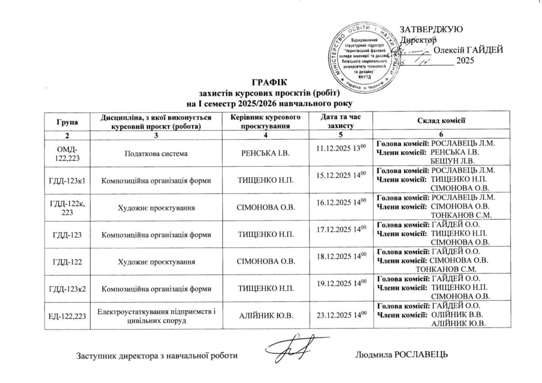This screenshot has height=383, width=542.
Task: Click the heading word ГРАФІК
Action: [269, 83]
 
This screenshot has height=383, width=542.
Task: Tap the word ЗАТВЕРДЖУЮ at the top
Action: [432, 29]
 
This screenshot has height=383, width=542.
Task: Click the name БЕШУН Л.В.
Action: [454, 160]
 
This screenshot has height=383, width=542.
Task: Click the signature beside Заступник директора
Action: [290, 348]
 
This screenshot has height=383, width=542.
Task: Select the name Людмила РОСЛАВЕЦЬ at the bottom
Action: [403, 354]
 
